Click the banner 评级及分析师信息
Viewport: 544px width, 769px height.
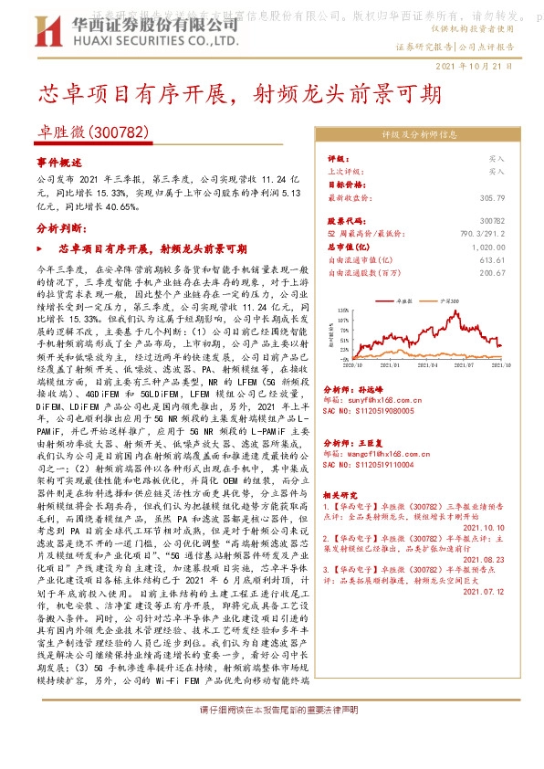pos(419,133)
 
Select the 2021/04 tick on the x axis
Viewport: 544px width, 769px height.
pos(427,364)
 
